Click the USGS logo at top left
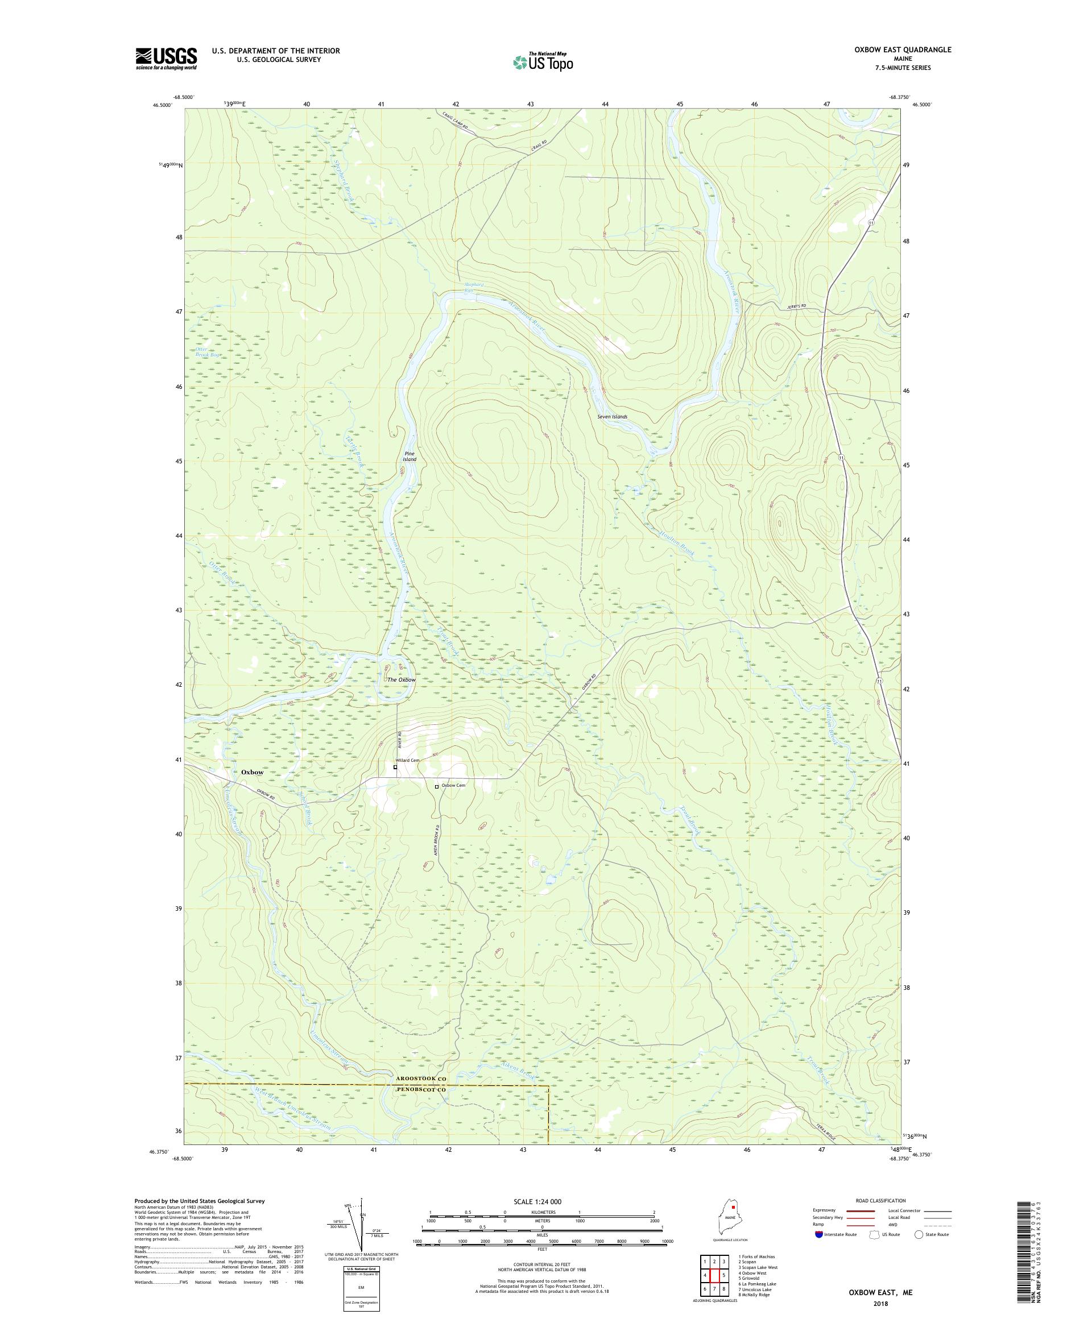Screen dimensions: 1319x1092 tap(167, 59)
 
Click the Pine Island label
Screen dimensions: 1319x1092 tap(409, 456)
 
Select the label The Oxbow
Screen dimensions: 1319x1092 tap(401, 679)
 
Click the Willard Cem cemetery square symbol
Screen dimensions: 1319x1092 tap(395, 767)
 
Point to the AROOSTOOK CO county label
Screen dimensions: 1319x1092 tap(420, 1079)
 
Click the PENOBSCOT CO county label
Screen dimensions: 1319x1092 tap(420, 1089)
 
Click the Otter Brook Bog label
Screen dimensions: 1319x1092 tap(209, 352)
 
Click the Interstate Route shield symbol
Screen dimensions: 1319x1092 tap(818, 1234)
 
